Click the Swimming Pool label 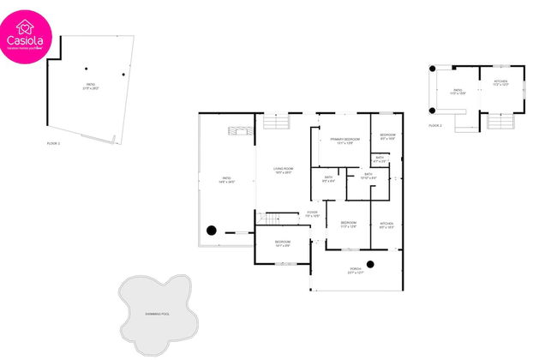tap(157, 315)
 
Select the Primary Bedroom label tap(344, 140)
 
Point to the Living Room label tap(284, 171)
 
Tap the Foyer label tap(313, 213)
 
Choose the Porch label tap(355, 270)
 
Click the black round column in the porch tap(371, 263)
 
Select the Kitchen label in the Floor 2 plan tap(500, 83)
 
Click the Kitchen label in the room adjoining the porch tap(386, 225)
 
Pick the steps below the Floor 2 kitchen tap(500, 121)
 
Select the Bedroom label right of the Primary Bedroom tap(387, 135)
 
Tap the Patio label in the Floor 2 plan tap(458, 90)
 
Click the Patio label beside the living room tap(226, 179)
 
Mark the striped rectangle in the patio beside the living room tap(241, 130)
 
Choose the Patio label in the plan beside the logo tap(89, 86)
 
